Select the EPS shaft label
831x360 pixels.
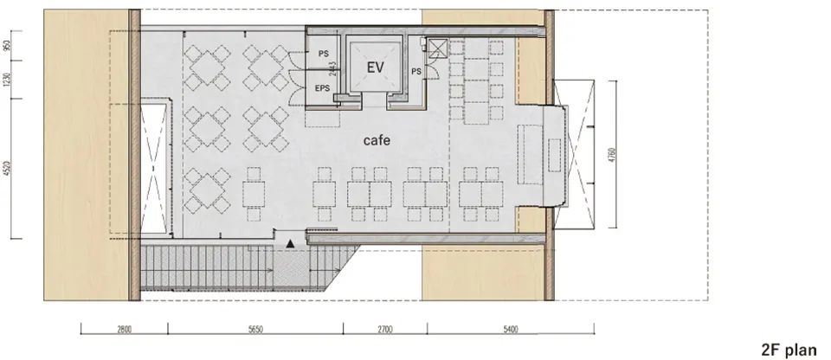tap(323, 88)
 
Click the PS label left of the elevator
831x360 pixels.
tap(323, 54)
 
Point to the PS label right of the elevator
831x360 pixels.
tap(416, 71)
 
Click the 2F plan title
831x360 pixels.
tap(789, 350)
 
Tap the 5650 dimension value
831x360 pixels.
tap(255, 331)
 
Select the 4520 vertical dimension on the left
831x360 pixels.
tap(9, 168)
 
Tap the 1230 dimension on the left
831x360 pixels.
tap(9, 83)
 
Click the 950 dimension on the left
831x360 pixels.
tap(9, 47)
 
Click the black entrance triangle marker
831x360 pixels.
tap(290, 245)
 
